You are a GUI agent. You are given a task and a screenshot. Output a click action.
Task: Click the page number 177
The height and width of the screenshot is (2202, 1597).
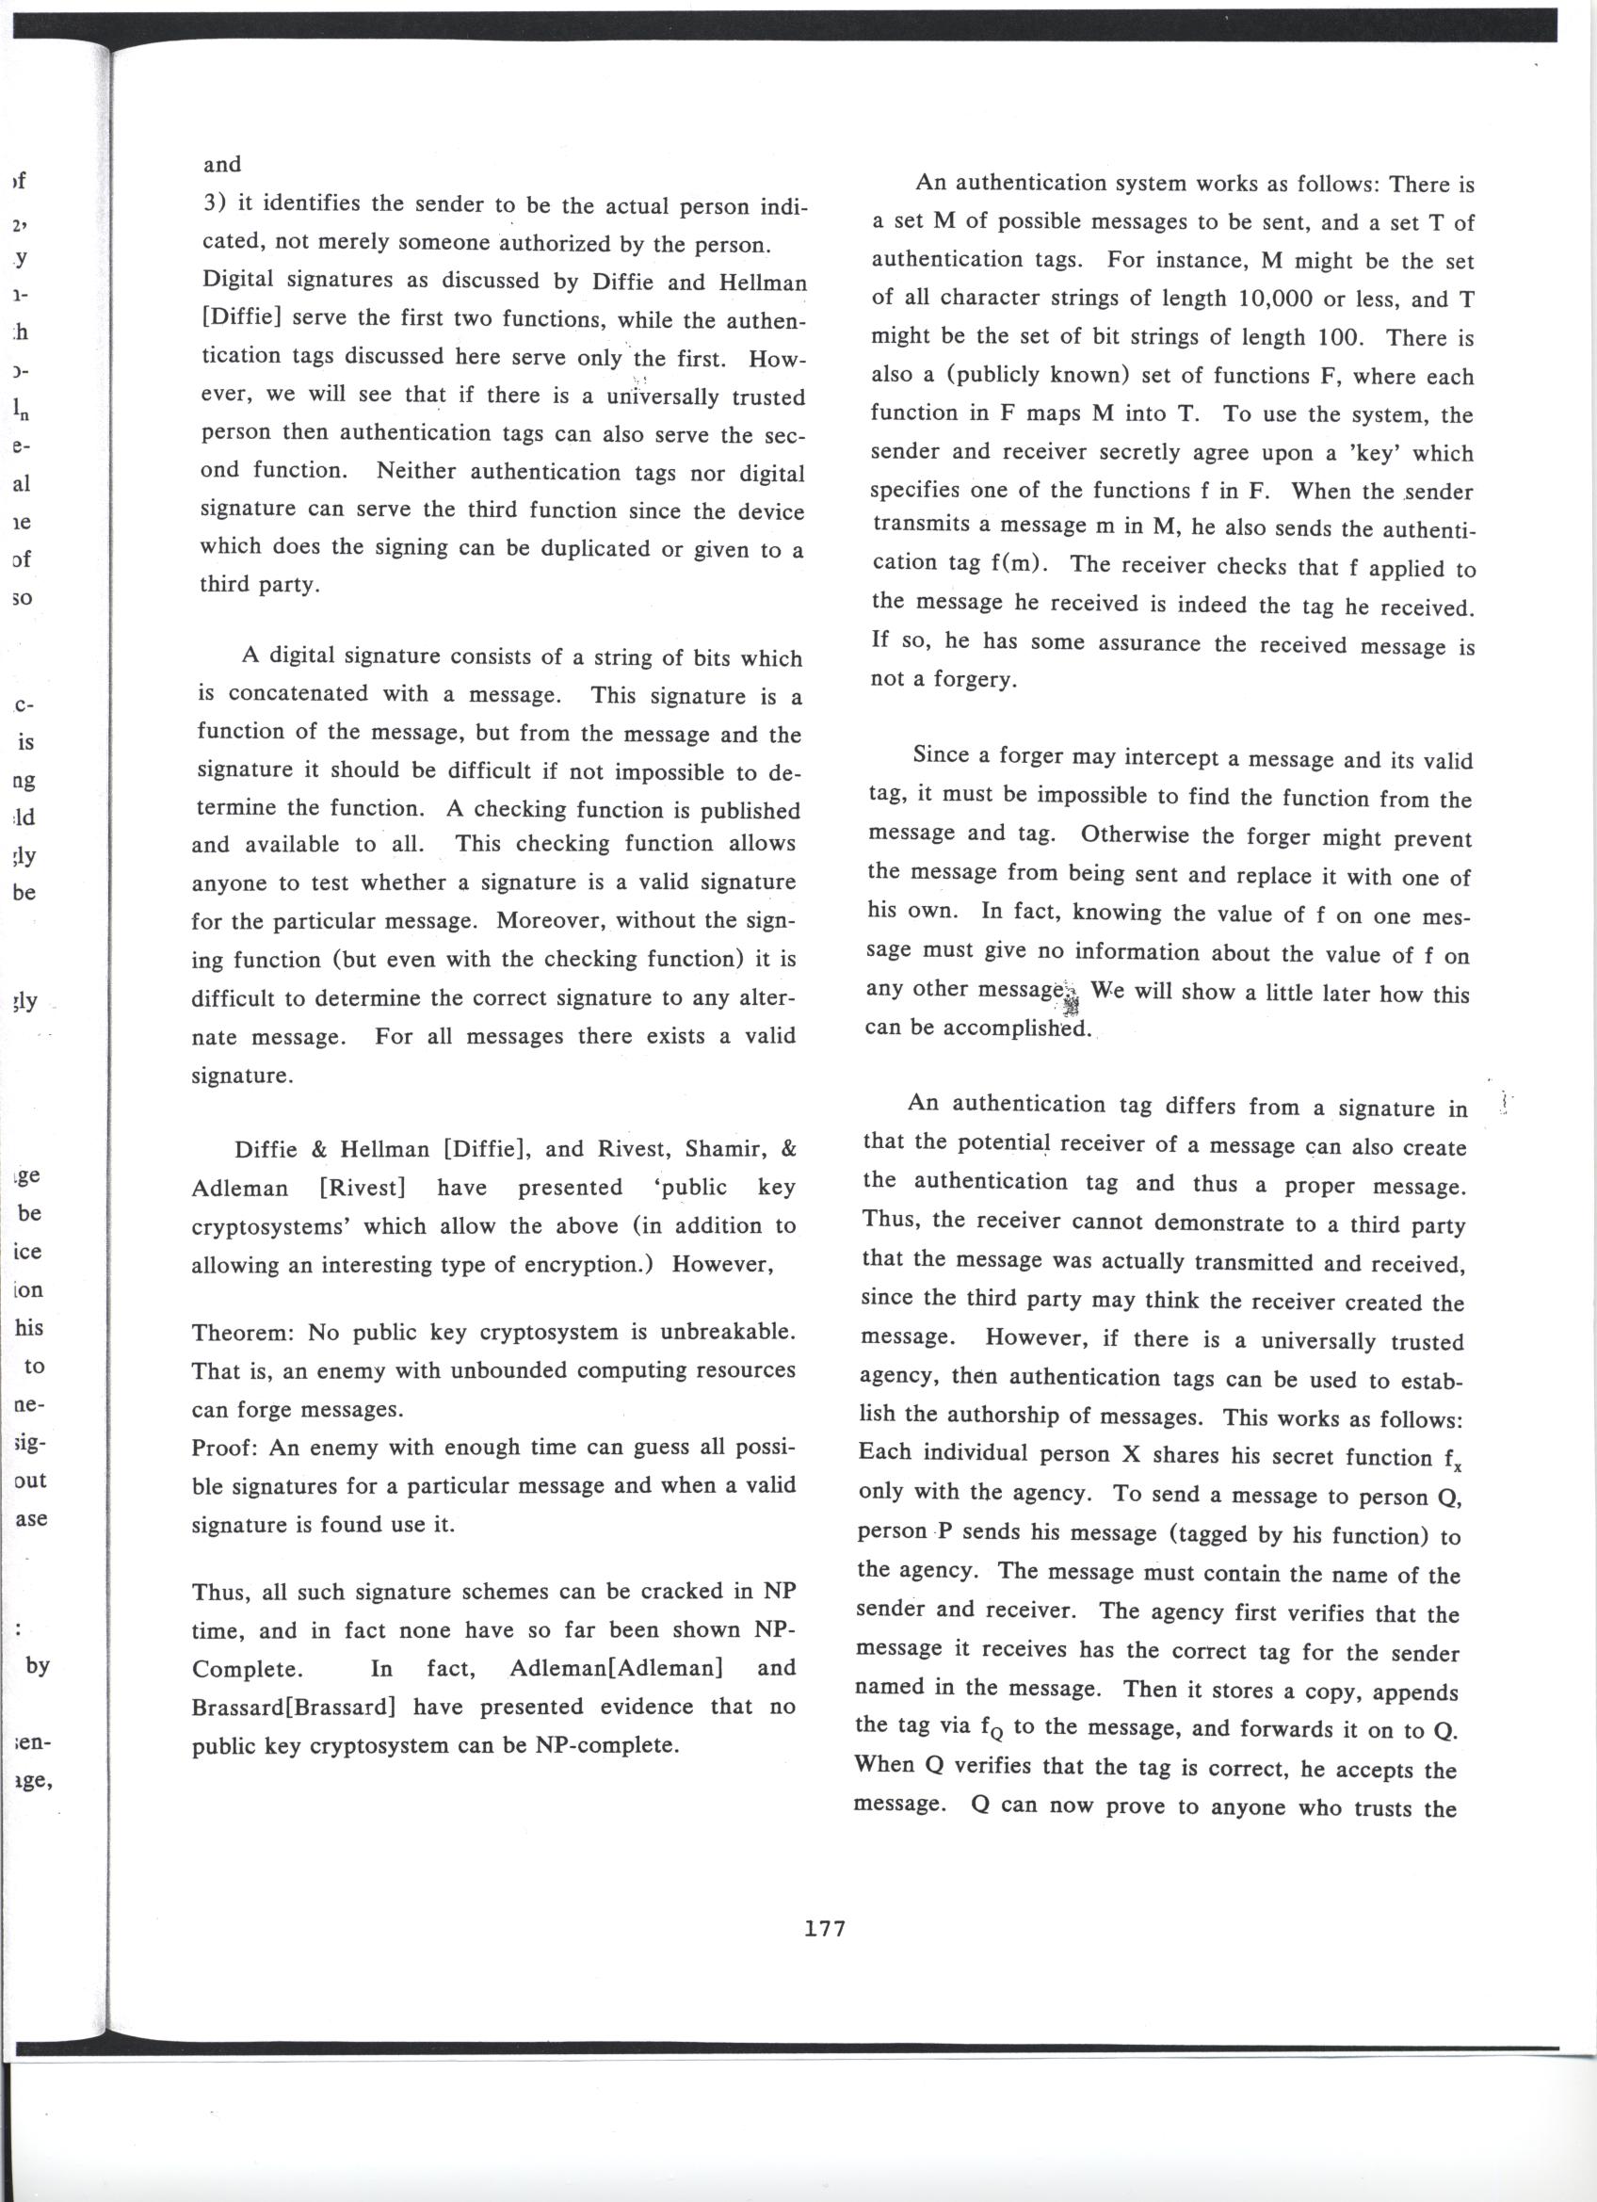pyautogui.click(x=825, y=1927)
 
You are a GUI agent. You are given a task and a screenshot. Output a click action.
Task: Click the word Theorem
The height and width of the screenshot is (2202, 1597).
pyautogui.click(x=244, y=1332)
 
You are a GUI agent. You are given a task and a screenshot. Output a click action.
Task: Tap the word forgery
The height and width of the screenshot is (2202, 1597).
pyautogui.click(x=975, y=680)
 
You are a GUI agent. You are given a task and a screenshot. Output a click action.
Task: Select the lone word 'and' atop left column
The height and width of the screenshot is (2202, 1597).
pyautogui.click(x=222, y=164)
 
